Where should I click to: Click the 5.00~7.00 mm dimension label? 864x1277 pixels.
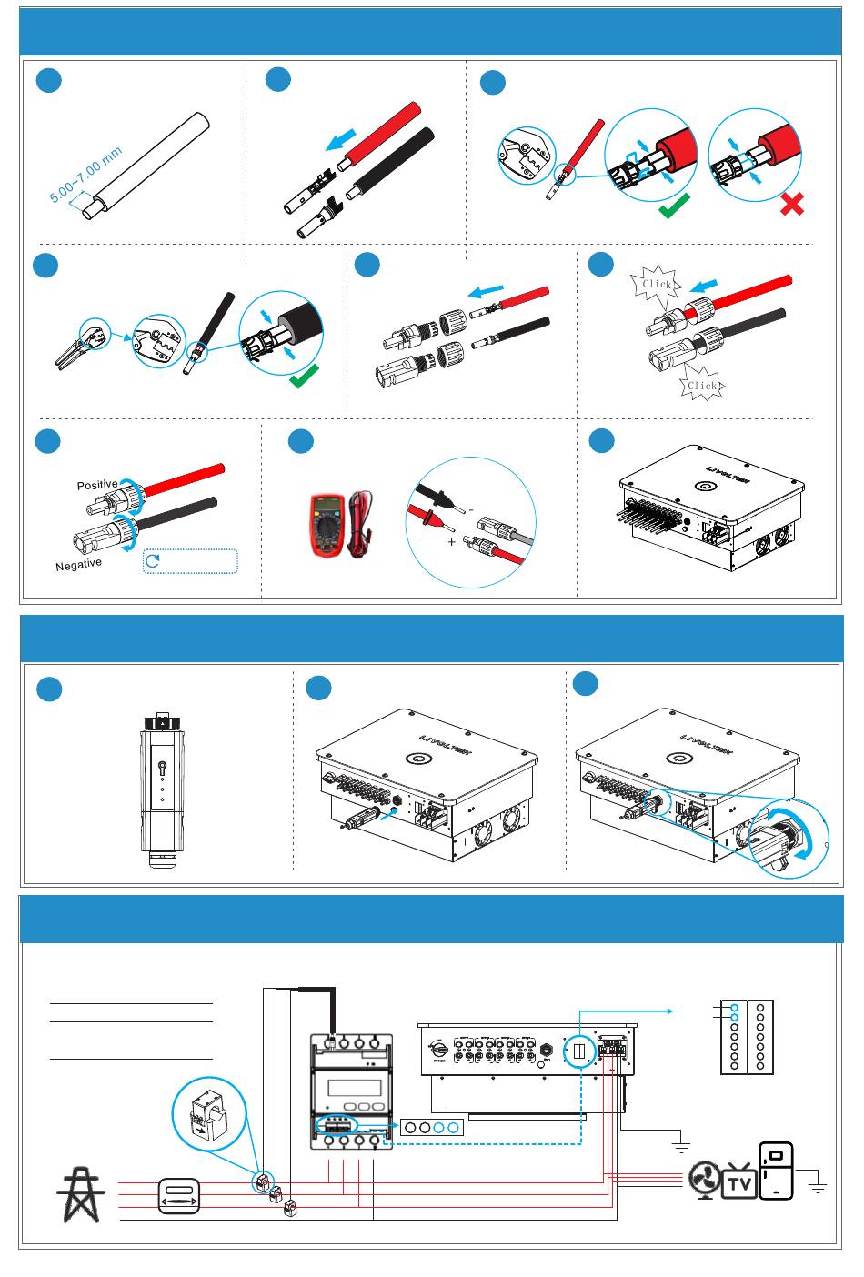(x=85, y=176)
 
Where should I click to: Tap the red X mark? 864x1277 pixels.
(x=791, y=204)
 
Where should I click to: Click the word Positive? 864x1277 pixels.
(x=96, y=485)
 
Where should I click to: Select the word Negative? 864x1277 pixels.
(x=78, y=565)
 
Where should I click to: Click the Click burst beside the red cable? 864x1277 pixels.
(x=656, y=284)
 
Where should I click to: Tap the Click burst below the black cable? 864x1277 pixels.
(x=702, y=385)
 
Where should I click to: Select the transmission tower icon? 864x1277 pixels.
(x=81, y=1194)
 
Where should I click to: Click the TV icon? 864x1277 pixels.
(x=739, y=1182)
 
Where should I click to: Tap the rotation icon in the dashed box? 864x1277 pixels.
(x=154, y=560)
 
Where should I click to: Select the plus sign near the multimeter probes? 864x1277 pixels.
(x=452, y=542)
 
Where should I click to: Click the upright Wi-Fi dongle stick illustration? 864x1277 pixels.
(x=162, y=788)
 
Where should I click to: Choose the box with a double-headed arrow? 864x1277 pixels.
(x=178, y=1195)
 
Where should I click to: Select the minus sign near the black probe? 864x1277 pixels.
(x=471, y=510)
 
